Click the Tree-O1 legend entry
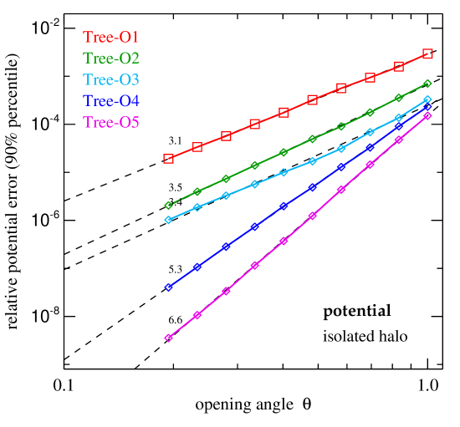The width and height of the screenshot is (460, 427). [110, 37]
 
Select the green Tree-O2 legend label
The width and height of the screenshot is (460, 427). [110, 58]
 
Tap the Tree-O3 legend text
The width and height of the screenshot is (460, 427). [110, 80]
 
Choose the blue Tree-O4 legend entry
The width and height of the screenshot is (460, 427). [110, 101]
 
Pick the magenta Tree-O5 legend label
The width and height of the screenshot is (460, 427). [110, 122]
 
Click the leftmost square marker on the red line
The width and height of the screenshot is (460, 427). [168, 158]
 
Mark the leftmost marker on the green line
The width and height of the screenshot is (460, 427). [168, 206]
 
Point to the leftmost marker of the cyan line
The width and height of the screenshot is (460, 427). [168, 220]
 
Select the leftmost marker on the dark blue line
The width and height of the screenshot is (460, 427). [168, 287]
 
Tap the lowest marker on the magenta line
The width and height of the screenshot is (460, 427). [168, 338]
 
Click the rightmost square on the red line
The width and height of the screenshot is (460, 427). [427, 53]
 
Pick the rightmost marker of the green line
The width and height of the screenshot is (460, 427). [427, 84]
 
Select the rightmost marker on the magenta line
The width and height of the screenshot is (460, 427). [427, 115]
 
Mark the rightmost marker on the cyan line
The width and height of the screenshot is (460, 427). [427, 99]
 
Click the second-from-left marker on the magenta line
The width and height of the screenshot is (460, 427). [197, 315]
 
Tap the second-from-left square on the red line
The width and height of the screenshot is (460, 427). [197, 147]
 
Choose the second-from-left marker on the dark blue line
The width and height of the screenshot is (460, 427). [197, 267]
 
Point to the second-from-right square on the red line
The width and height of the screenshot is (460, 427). [399, 66]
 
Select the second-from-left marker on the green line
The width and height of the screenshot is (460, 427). [197, 192]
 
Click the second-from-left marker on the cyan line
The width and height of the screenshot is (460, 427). [197, 207]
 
